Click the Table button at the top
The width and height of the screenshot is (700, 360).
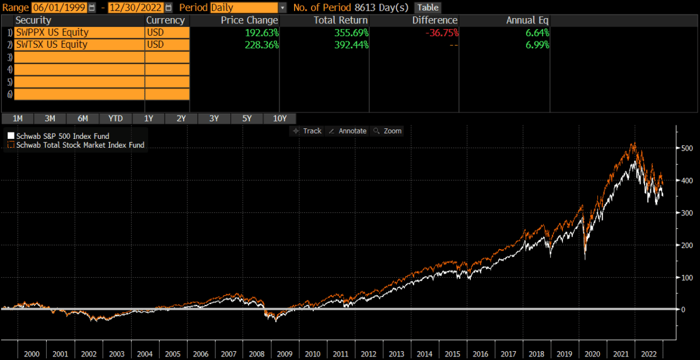pos(428,8)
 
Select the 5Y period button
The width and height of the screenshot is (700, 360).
pos(246,118)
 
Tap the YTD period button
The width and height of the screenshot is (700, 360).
pos(116,118)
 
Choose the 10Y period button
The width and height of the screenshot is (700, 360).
pos(279,118)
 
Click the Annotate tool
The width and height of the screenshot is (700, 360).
pos(348,131)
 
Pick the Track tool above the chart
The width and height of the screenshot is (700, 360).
pos(307,131)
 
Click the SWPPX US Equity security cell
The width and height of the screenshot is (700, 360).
pos(79,32)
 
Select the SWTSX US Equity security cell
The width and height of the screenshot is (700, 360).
pos(79,44)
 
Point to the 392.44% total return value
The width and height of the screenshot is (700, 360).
pos(348,44)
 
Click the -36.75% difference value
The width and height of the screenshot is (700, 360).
pos(441,32)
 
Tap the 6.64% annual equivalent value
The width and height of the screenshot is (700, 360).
pos(537,32)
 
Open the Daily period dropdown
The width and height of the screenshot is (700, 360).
pos(282,8)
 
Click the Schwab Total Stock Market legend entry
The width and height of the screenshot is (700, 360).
pos(80,145)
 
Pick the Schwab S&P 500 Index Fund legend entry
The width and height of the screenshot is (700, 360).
pos(62,136)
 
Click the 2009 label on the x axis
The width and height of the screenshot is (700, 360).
pos(283,354)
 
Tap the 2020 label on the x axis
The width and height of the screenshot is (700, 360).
pos(592,354)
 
